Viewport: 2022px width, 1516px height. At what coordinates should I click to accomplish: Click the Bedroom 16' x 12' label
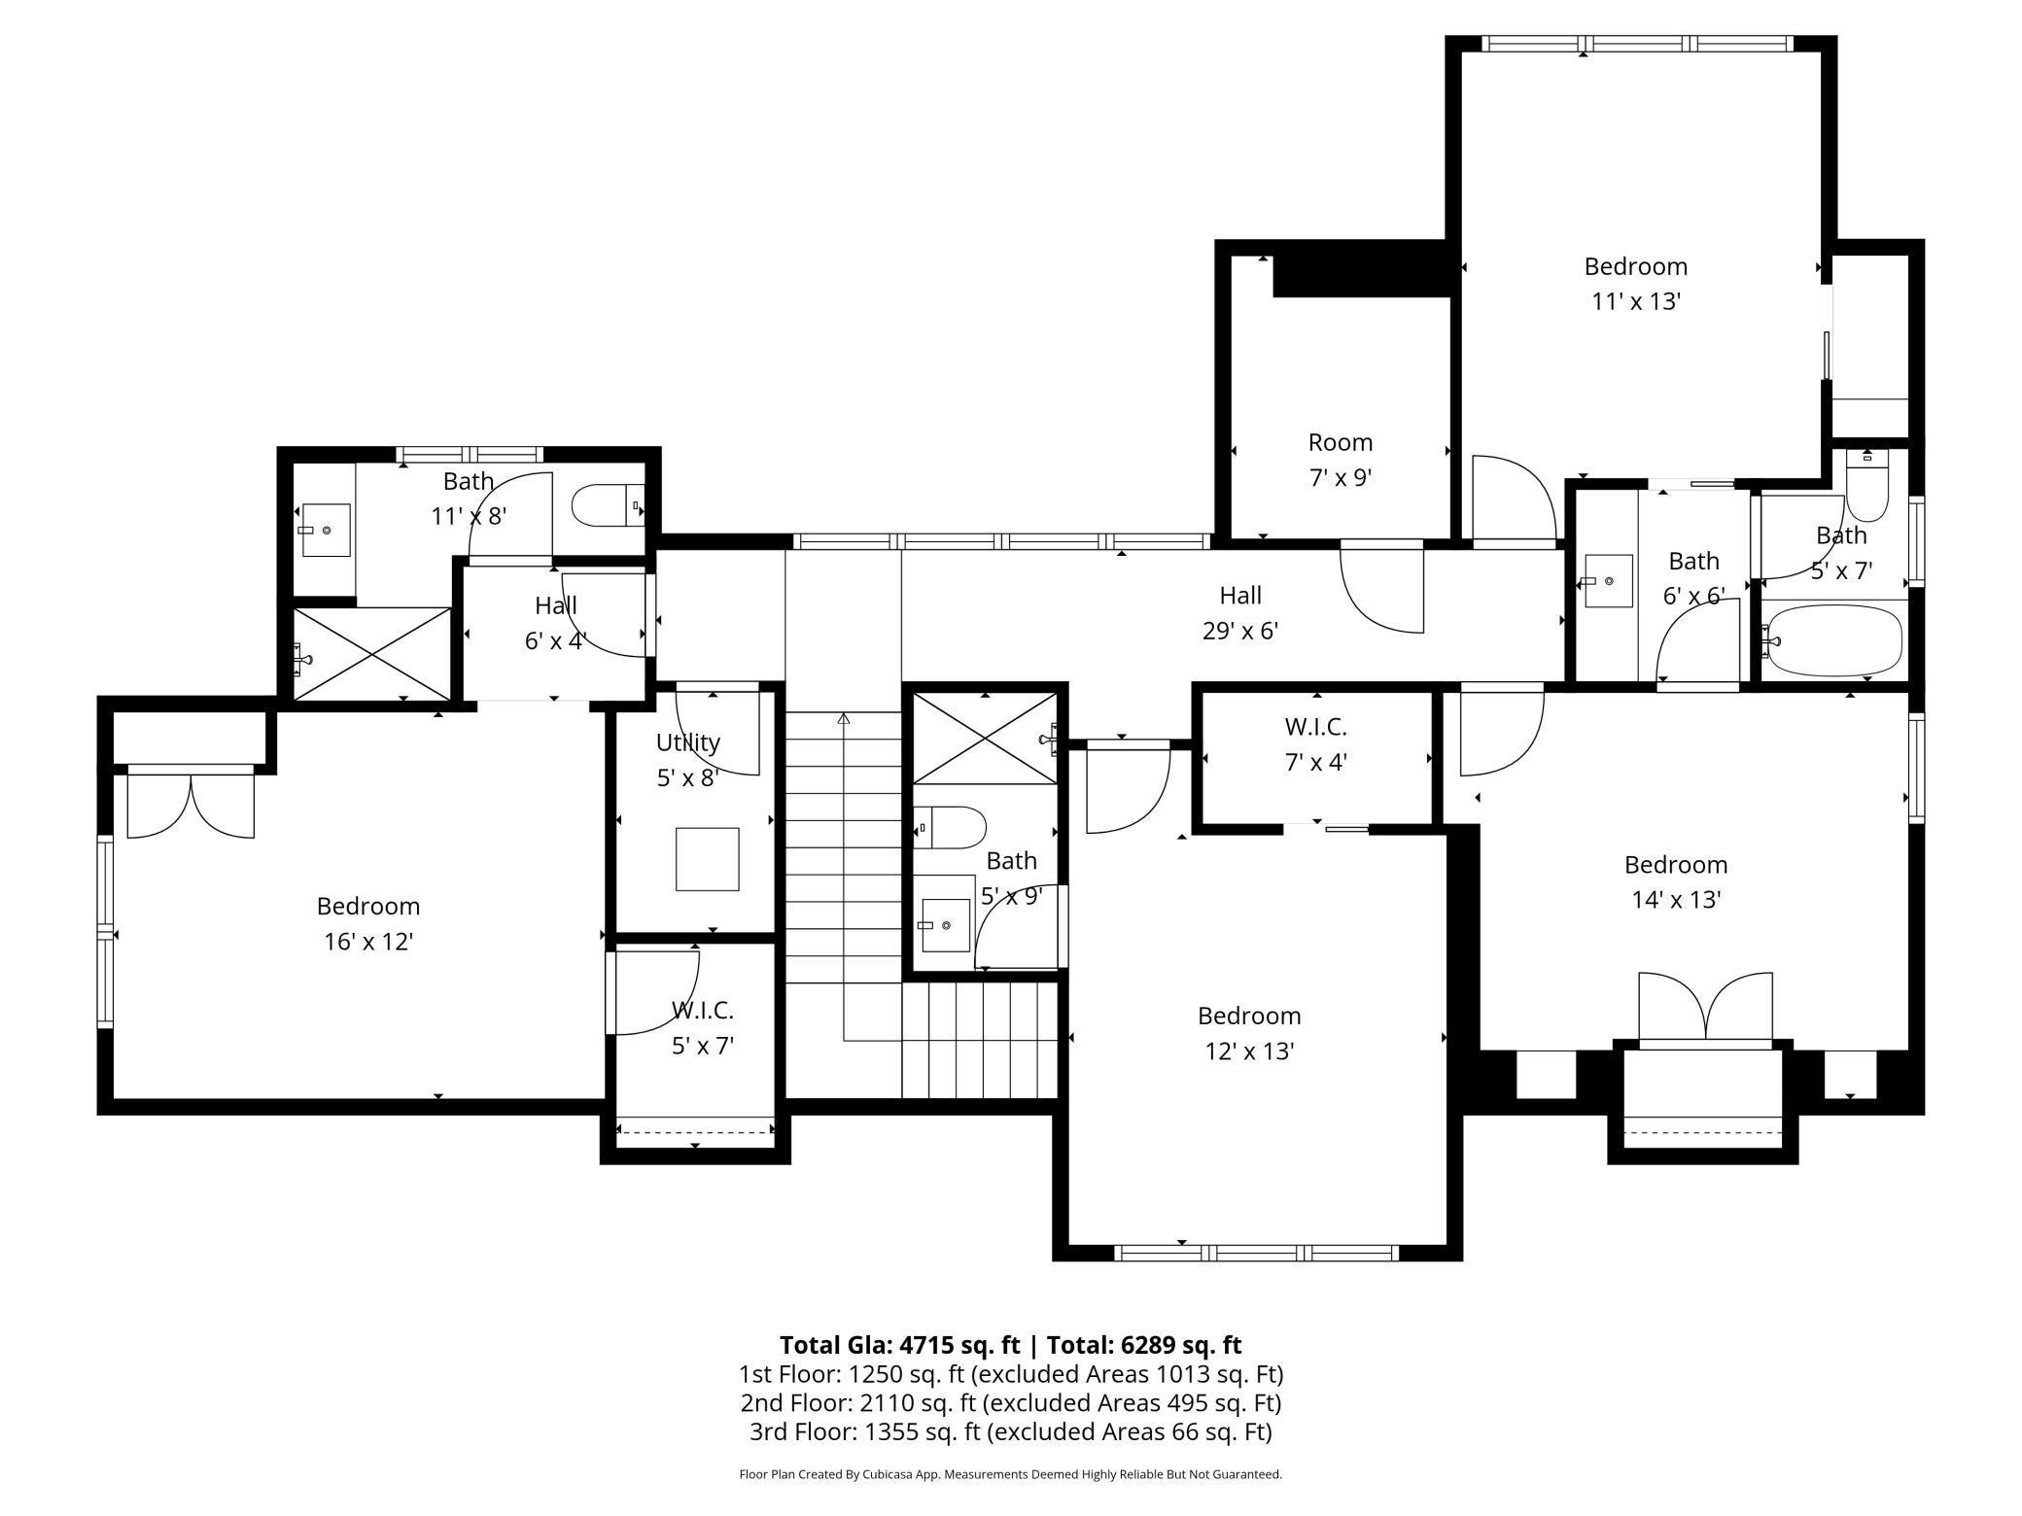click(x=368, y=923)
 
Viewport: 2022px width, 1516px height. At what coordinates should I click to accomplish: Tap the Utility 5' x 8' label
click(x=687, y=759)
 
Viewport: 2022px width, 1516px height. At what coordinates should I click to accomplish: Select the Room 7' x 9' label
click(x=1341, y=460)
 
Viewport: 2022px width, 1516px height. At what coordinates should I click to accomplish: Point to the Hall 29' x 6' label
click(x=1240, y=612)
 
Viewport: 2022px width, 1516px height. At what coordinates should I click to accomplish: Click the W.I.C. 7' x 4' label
click(x=1315, y=743)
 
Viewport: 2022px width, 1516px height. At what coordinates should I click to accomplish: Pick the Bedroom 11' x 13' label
click(x=1635, y=283)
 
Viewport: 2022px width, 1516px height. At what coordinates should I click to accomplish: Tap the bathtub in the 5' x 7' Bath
click(x=1832, y=640)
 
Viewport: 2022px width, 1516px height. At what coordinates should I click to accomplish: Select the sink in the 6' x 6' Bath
click(x=1608, y=580)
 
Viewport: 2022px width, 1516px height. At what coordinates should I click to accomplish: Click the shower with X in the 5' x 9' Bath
click(x=985, y=739)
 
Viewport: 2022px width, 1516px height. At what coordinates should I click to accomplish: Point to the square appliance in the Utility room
click(x=707, y=858)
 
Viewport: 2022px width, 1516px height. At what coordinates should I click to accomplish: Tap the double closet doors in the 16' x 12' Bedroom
click(x=191, y=803)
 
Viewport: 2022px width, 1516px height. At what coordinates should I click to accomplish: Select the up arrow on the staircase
click(x=844, y=719)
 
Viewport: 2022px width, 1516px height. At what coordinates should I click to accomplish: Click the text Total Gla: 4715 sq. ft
click(x=900, y=1345)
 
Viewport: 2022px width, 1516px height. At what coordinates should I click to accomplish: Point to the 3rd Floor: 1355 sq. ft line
click(x=1010, y=1431)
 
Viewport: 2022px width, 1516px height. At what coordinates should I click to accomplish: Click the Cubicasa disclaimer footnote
click(x=1010, y=1474)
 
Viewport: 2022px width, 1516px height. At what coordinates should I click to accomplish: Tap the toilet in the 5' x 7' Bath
click(x=1866, y=490)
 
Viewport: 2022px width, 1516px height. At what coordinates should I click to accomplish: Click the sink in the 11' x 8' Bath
click(x=326, y=530)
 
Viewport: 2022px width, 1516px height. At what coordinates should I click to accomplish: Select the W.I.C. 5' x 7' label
click(x=702, y=1027)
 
